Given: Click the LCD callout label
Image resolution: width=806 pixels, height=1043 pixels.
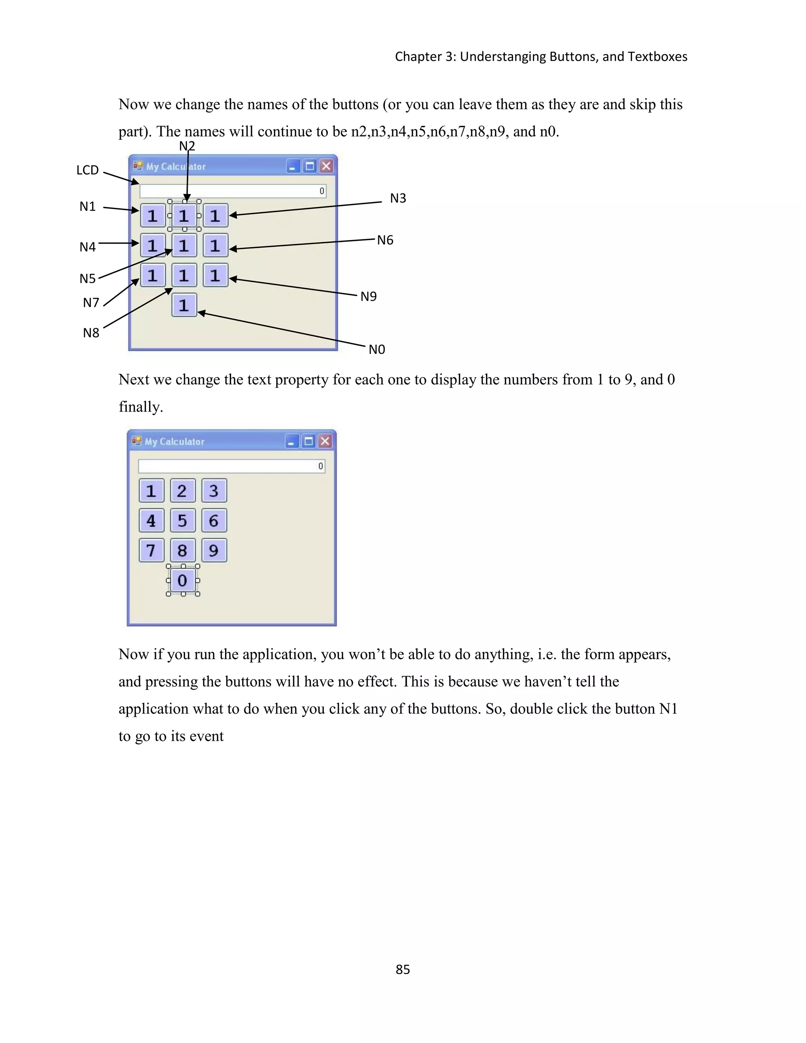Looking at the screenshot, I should click(87, 170).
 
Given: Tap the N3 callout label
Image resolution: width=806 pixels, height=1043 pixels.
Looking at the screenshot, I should click(398, 198).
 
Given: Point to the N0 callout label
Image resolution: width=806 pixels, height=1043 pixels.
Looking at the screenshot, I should click(377, 350).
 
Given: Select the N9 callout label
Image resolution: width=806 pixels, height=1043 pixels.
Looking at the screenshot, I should click(368, 297).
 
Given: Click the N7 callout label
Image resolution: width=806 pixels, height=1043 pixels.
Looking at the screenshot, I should click(91, 303).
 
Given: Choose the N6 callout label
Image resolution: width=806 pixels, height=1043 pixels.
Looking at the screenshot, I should click(385, 240).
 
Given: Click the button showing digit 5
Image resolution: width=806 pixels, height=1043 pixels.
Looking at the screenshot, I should click(182, 521).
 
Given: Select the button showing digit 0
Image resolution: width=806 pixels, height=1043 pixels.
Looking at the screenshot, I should click(182, 580).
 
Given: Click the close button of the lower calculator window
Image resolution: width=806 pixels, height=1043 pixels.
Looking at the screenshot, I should click(325, 441).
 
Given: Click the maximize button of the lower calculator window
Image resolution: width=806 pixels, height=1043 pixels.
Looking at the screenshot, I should click(309, 441).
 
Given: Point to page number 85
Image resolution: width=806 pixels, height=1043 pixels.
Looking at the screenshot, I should click(403, 969).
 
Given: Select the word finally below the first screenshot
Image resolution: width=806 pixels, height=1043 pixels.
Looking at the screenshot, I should click(140, 407).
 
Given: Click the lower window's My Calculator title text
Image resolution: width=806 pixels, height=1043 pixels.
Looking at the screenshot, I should click(174, 442).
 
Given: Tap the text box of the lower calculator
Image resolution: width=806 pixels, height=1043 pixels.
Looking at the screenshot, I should click(231, 466).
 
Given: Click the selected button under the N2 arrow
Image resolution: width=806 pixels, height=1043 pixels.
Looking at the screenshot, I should click(184, 216).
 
